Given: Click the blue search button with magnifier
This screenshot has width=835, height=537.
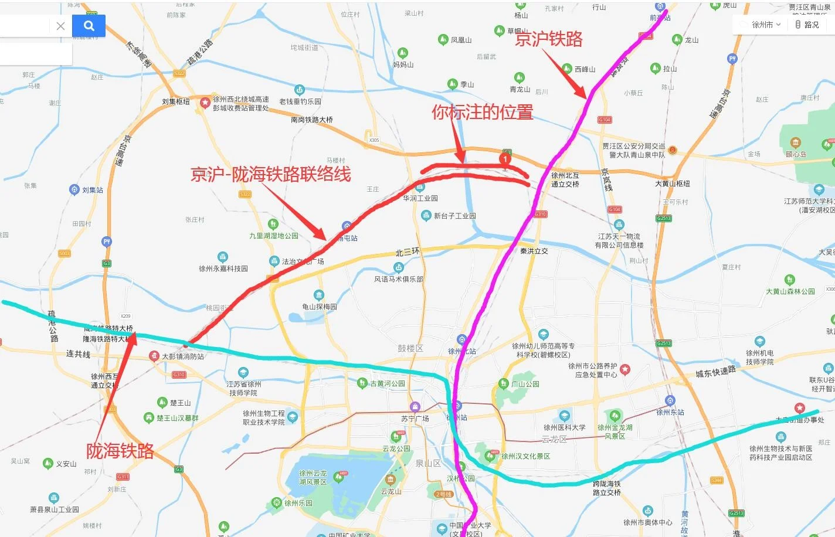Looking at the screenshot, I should pyautogui.click(x=89, y=26).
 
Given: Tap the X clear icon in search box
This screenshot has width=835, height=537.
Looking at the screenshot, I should pyautogui.click(x=60, y=26).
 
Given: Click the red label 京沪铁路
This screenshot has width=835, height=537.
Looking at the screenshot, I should pyautogui.click(x=548, y=39).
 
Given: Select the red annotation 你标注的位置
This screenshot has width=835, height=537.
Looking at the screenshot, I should pyautogui.click(x=482, y=112).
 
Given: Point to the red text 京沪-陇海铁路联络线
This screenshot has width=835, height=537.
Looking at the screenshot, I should pyautogui.click(x=270, y=174).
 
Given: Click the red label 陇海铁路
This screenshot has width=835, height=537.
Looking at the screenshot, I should pyautogui.click(x=120, y=451).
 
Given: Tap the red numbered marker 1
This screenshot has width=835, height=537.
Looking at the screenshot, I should pyautogui.click(x=505, y=158).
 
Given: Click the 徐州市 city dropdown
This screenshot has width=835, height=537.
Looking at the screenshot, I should pyautogui.click(x=762, y=25).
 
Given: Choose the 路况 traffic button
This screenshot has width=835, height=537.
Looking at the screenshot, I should pyautogui.click(x=807, y=25).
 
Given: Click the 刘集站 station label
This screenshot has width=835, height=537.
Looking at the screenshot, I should pyautogui.click(x=92, y=190).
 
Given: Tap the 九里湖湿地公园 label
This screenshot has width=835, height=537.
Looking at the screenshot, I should pyautogui.click(x=273, y=236).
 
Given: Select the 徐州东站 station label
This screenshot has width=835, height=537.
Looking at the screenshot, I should pyautogui.click(x=670, y=412).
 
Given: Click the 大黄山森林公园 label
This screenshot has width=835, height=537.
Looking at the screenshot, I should pyautogui.click(x=790, y=291).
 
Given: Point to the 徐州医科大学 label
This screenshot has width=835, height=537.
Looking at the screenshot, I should pyautogui.click(x=564, y=427).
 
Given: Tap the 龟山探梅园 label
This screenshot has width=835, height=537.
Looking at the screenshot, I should pyautogui.click(x=320, y=307).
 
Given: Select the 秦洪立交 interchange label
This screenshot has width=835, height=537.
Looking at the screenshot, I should pyautogui.click(x=534, y=251).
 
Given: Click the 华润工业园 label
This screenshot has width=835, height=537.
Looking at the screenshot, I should pyautogui.click(x=420, y=198).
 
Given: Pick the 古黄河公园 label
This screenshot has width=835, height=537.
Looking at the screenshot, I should pyautogui.click(x=387, y=383).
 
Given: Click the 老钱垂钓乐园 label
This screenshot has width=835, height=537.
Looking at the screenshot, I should pyautogui.click(x=300, y=101).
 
